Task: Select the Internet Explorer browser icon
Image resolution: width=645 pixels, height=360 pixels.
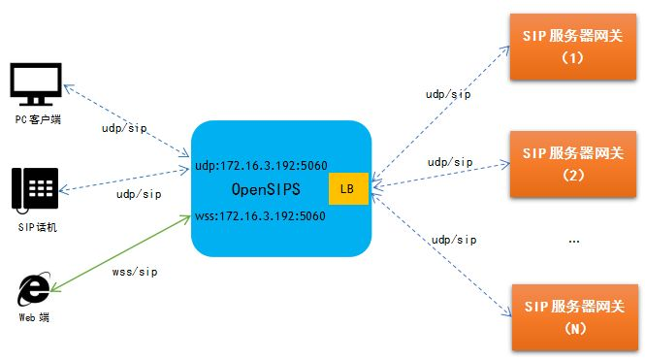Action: pyautogui.click(x=36, y=290)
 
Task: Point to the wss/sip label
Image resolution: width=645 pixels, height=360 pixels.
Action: pyautogui.click(x=135, y=273)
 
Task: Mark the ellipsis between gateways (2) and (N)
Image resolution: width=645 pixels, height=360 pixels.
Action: pyautogui.click(x=572, y=240)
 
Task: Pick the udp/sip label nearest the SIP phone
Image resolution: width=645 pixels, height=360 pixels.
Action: pyautogui.click(x=139, y=195)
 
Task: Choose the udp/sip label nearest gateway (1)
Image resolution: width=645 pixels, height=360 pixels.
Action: pyautogui.click(x=449, y=94)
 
